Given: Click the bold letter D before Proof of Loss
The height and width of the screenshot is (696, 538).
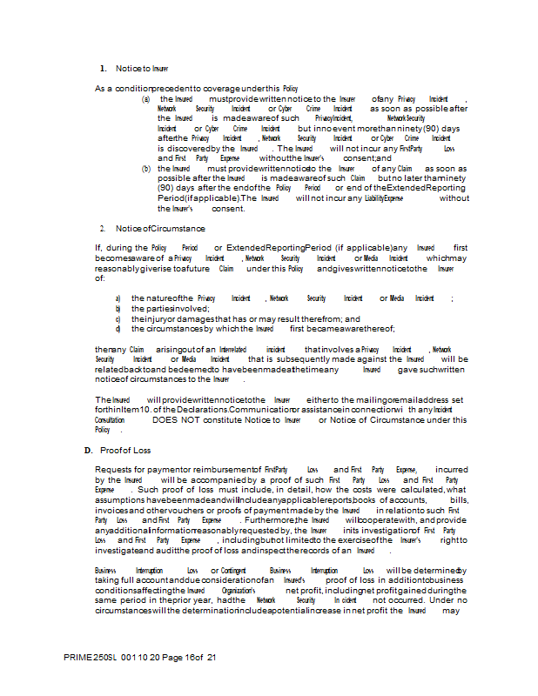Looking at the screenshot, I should tap(87, 450).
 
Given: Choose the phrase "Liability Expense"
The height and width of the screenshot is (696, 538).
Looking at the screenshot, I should tap(384, 198).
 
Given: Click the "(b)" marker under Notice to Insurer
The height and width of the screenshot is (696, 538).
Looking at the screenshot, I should tap(146, 169).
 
